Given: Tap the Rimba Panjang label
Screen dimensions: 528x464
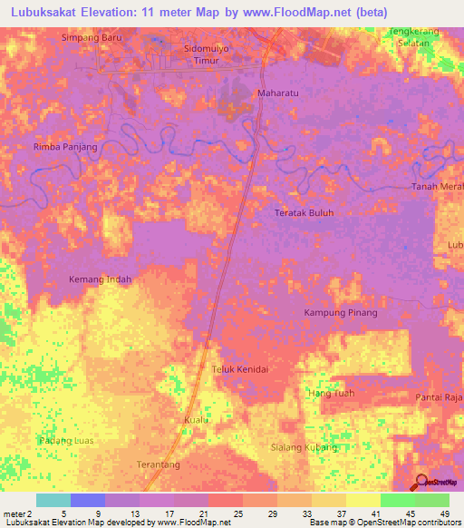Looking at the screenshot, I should click(64, 146).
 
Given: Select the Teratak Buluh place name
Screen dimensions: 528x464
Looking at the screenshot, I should click(304, 213).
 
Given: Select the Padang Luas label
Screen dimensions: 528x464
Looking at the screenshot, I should click(66, 440).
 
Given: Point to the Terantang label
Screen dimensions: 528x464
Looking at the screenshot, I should click(159, 464).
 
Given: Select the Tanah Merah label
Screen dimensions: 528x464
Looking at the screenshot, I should click(438, 187).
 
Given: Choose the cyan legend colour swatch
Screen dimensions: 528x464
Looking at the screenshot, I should click(53, 500).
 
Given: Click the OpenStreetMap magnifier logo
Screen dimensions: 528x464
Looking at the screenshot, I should click(421, 482).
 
